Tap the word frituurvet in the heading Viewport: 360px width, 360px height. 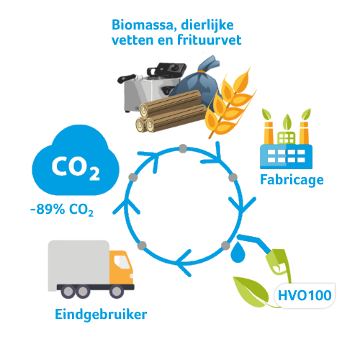click(x=210, y=40)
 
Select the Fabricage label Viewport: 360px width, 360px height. click(x=292, y=181)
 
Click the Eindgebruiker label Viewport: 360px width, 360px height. click(x=101, y=315)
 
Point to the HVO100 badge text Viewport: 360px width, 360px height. click(x=305, y=295)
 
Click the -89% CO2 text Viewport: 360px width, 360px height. click(x=62, y=210)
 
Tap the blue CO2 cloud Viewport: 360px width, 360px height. click(x=76, y=161)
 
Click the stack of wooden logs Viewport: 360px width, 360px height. click(x=171, y=112)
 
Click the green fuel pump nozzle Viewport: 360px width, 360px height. click(x=279, y=262)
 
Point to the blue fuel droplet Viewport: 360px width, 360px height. click(x=238, y=253)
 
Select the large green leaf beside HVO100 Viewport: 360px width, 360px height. click(x=251, y=292)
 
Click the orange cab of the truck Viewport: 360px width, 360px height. click(x=121, y=267)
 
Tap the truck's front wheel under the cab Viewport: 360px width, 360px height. click(x=117, y=291)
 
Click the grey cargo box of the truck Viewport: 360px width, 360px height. click(x=78, y=263)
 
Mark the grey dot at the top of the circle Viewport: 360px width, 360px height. click(x=183, y=148)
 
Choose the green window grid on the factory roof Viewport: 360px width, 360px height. click(x=286, y=138)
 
